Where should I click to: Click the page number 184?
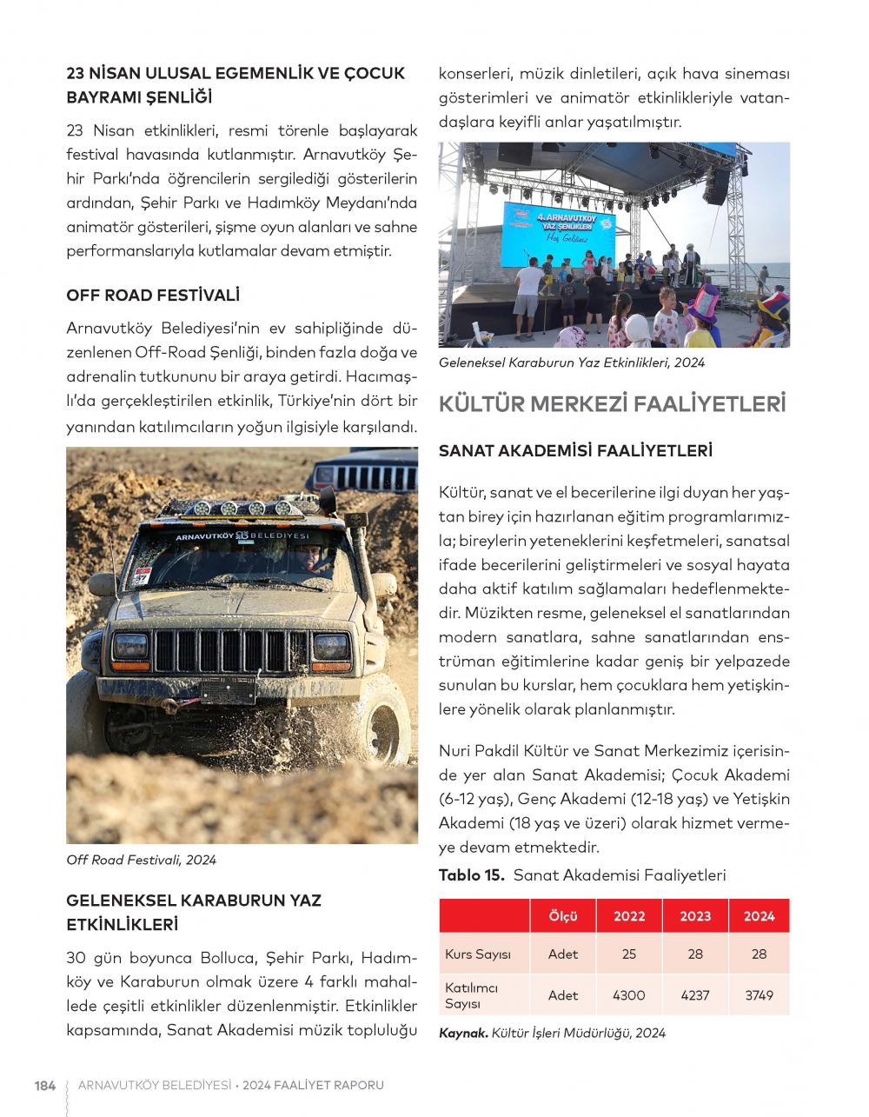tap(44, 1086)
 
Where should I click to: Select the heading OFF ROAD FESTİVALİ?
tap(153, 296)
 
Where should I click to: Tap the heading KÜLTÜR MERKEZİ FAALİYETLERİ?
tap(612, 404)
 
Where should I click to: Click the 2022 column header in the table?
tap(629, 916)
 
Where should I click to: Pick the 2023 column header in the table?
tap(695, 916)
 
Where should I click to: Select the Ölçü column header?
tap(563, 916)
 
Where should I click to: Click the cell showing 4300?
tap(629, 995)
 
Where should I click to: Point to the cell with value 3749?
tap(759, 995)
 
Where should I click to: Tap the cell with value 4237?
tap(695, 995)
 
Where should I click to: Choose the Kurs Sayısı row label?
tap(478, 954)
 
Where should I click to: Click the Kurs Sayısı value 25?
tap(629, 954)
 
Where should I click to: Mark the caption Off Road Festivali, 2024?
tap(142, 860)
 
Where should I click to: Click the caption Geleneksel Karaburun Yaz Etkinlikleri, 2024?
tap(572, 362)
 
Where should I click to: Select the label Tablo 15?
tap(471, 875)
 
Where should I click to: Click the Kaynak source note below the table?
tap(552, 1033)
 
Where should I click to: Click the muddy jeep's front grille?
tap(231, 651)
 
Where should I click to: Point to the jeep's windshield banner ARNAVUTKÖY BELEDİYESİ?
tap(242, 536)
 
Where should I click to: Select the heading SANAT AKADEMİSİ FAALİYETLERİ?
tap(575, 451)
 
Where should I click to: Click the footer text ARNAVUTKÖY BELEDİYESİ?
tap(155, 1086)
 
